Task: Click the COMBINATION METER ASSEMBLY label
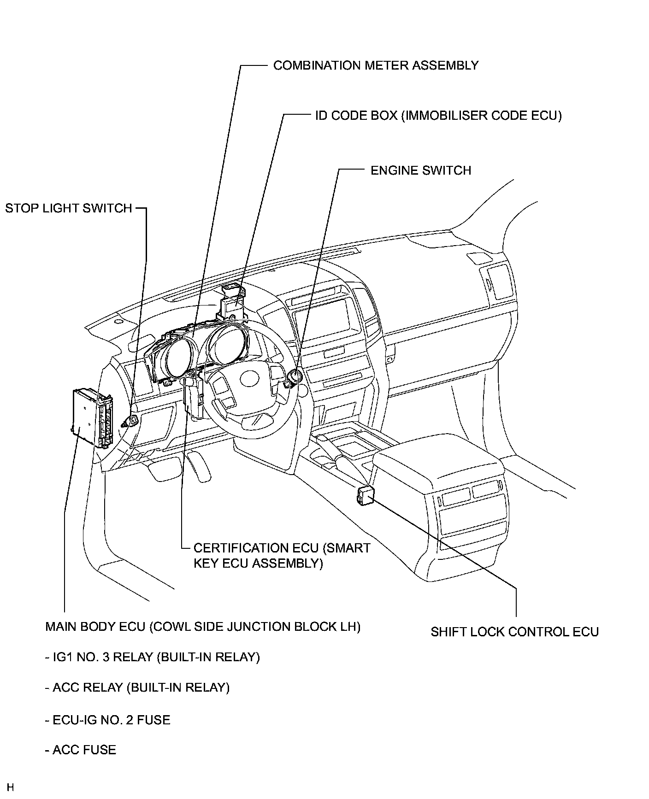(376, 65)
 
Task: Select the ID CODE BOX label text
(438, 115)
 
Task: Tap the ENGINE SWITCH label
(421, 170)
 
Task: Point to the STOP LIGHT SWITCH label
(69, 208)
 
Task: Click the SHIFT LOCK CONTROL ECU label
(514, 632)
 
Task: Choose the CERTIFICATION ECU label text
(282, 555)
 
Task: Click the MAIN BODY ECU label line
(203, 627)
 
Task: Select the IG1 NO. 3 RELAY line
(153, 657)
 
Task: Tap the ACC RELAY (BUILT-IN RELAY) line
(137, 687)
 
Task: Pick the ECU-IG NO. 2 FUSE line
(108, 720)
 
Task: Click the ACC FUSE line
(81, 750)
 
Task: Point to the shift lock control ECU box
(365, 495)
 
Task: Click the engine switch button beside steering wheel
(294, 377)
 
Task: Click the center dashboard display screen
(326, 317)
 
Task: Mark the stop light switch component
(130, 421)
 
